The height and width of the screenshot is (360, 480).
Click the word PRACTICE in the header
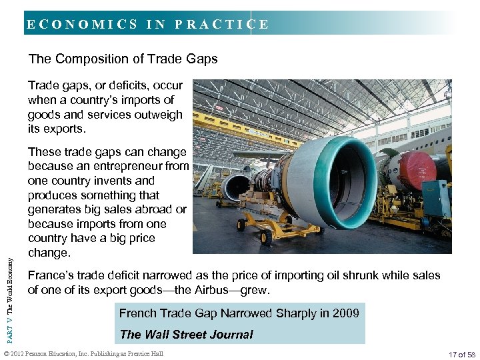point(222,25)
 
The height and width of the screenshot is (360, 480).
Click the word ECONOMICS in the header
point(82,25)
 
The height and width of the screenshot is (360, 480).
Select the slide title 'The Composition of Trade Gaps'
point(123,59)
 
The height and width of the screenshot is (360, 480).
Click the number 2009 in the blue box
point(345,313)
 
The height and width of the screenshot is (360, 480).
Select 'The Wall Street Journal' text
point(186,334)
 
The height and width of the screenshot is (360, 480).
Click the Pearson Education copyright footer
point(83,354)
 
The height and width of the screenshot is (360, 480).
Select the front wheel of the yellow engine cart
point(269,237)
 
